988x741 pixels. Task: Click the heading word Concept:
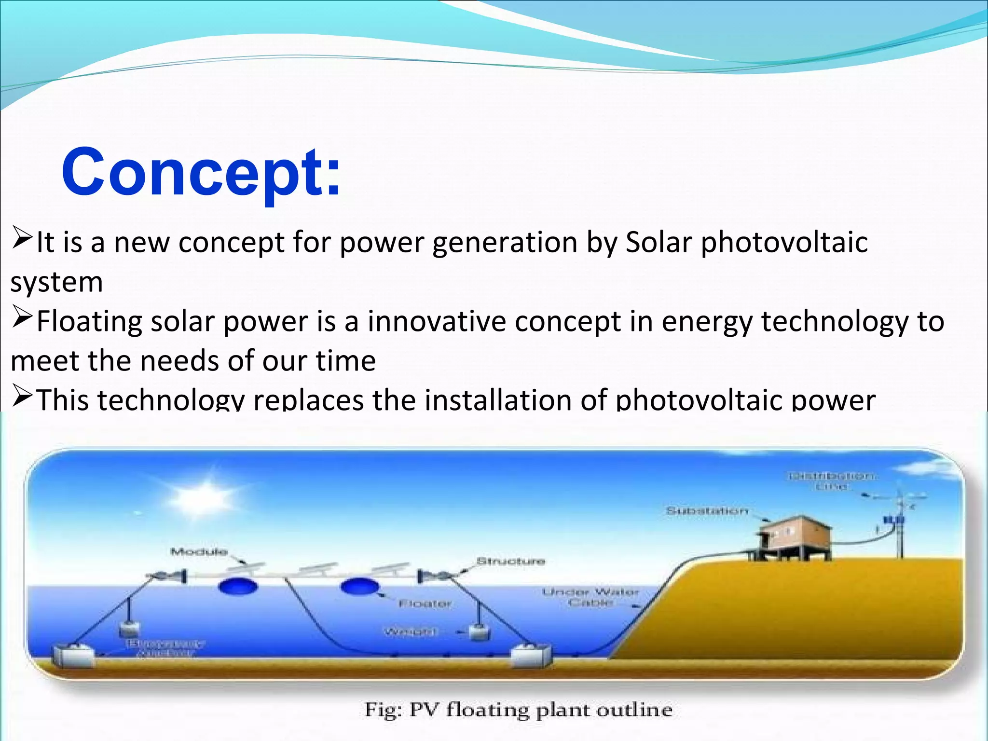click(x=201, y=173)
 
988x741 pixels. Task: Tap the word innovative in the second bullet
click(x=436, y=322)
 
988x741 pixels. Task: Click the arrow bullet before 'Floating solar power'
click(x=22, y=318)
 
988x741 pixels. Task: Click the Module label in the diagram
click(x=198, y=551)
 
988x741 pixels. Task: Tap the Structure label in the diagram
click(x=510, y=561)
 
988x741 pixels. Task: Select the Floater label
click(x=425, y=604)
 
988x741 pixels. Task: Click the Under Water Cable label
click(x=590, y=597)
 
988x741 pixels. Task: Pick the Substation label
click(x=707, y=510)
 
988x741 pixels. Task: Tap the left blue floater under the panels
click(x=238, y=587)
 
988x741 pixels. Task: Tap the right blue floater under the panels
click(x=360, y=587)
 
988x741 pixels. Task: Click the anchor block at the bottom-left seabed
click(x=72, y=656)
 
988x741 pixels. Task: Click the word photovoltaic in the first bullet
click(x=784, y=242)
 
